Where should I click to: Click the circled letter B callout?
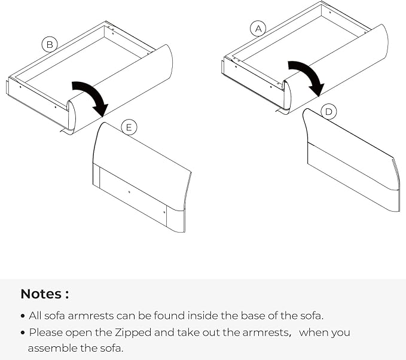(x=50, y=44)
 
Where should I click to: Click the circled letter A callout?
(x=258, y=29)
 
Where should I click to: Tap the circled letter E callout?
(x=129, y=127)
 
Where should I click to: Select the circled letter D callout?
(x=329, y=112)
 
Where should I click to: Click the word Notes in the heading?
(x=41, y=294)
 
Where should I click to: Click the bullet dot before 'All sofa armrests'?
(x=23, y=316)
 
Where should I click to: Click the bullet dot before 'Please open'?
(x=23, y=333)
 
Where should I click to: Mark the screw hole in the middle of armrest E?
(x=129, y=192)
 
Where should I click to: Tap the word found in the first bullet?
(x=169, y=316)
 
